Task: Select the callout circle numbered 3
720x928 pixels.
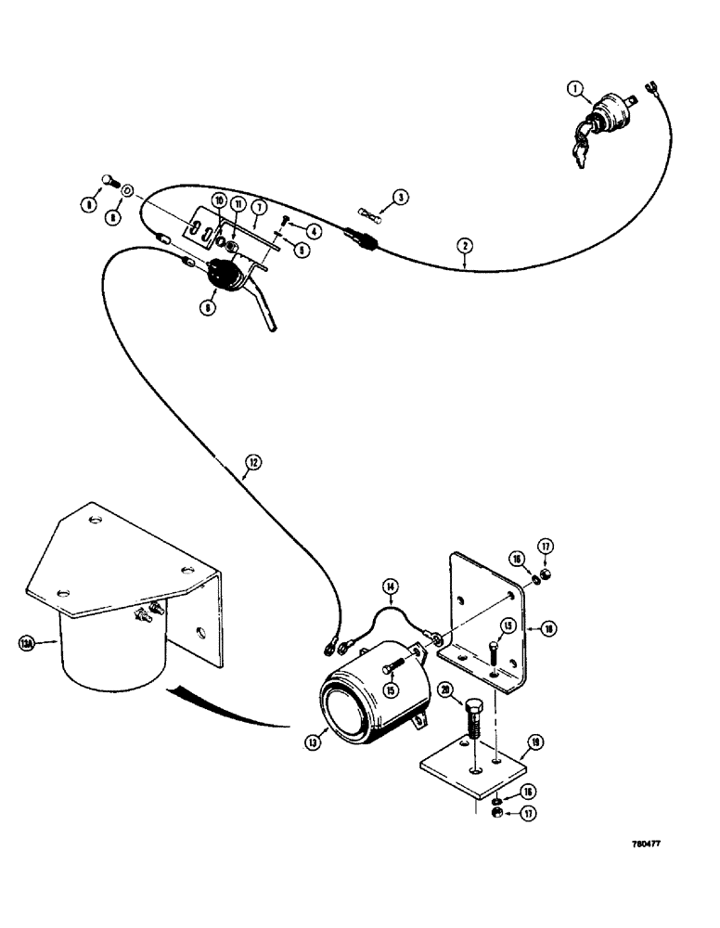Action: click(399, 197)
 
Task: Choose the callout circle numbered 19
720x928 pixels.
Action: click(535, 741)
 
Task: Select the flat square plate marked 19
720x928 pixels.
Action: click(475, 767)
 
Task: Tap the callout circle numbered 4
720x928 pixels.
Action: click(315, 231)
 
